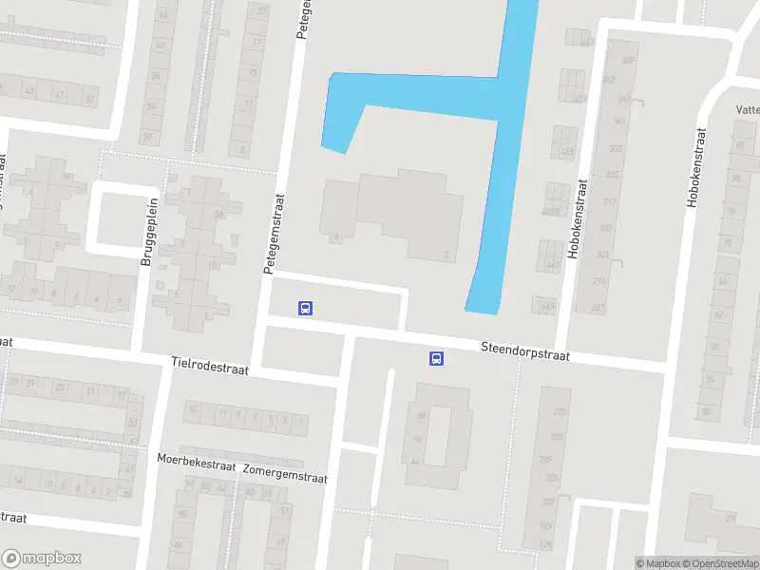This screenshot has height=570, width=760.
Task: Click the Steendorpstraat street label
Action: point(524,351)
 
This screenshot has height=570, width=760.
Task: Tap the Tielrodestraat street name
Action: point(210,367)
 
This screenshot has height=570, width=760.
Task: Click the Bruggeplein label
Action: point(147,231)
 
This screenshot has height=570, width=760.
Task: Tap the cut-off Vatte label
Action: point(747,109)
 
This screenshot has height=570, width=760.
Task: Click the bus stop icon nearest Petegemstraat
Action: point(306,308)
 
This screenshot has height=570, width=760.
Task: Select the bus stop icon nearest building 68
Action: point(436,358)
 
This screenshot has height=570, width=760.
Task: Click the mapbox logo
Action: point(41,559)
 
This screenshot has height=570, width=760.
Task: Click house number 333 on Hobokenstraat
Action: point(616,148)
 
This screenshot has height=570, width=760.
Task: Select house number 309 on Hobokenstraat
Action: point(605,228)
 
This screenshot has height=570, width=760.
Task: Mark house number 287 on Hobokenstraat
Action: point(598,308)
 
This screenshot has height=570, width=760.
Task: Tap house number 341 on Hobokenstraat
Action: point(619,122)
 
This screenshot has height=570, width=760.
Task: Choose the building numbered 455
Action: point(568,152)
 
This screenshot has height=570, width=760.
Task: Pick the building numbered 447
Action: point(553,265)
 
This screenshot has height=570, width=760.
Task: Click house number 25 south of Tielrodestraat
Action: point(62,388)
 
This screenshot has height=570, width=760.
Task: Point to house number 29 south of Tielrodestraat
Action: point(31,383)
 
